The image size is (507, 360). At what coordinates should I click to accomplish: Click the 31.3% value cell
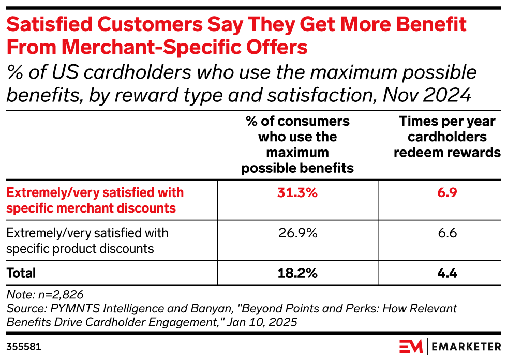tap(297, 193)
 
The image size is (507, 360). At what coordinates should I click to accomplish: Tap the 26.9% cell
tap(297, 233)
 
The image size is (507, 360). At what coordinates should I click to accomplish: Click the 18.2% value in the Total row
tap(297, 273)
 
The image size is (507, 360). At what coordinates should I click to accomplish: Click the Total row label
tap(21, 273)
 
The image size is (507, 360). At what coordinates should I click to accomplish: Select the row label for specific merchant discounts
tap(95, 201)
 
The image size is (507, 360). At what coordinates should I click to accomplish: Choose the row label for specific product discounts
tap(87, 241)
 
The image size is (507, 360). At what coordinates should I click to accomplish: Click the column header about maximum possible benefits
tap(297, 144)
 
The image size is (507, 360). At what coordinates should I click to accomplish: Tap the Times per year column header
tap(446, 137)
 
